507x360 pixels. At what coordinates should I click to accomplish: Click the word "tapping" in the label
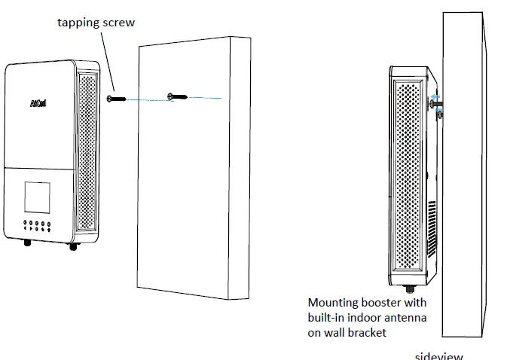pyautogui.click(x=76, y=23)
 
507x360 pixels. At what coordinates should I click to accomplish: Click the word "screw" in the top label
pyautogui.click(x=117, y=23)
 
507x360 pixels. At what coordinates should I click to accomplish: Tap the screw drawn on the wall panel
pyautogui.click(x=175, y=96)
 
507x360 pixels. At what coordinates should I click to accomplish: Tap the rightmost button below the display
pyautogui.click(x=48, y=224)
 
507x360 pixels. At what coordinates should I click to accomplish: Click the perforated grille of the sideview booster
pyautogui.click(x=409, y=173)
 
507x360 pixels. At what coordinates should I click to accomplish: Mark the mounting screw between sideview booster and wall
pyautogui.click(x=436, y=105)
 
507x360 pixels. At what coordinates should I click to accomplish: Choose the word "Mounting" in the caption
pyautogui.click(x=332, y=303)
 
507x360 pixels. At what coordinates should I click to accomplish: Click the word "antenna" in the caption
pyautogui.click(x=406, y=317)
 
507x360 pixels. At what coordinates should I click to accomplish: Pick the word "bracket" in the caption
pyautogui.click(x=366, y=332)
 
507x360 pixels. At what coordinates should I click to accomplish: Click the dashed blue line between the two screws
pyautogui.click(x=147, y=98)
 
